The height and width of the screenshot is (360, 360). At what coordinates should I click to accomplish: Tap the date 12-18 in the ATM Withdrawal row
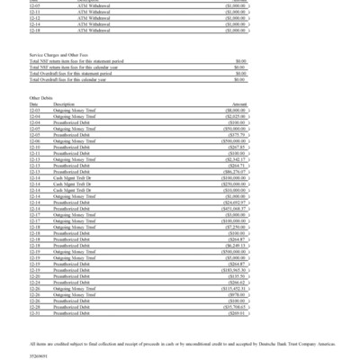coord(35,29)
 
